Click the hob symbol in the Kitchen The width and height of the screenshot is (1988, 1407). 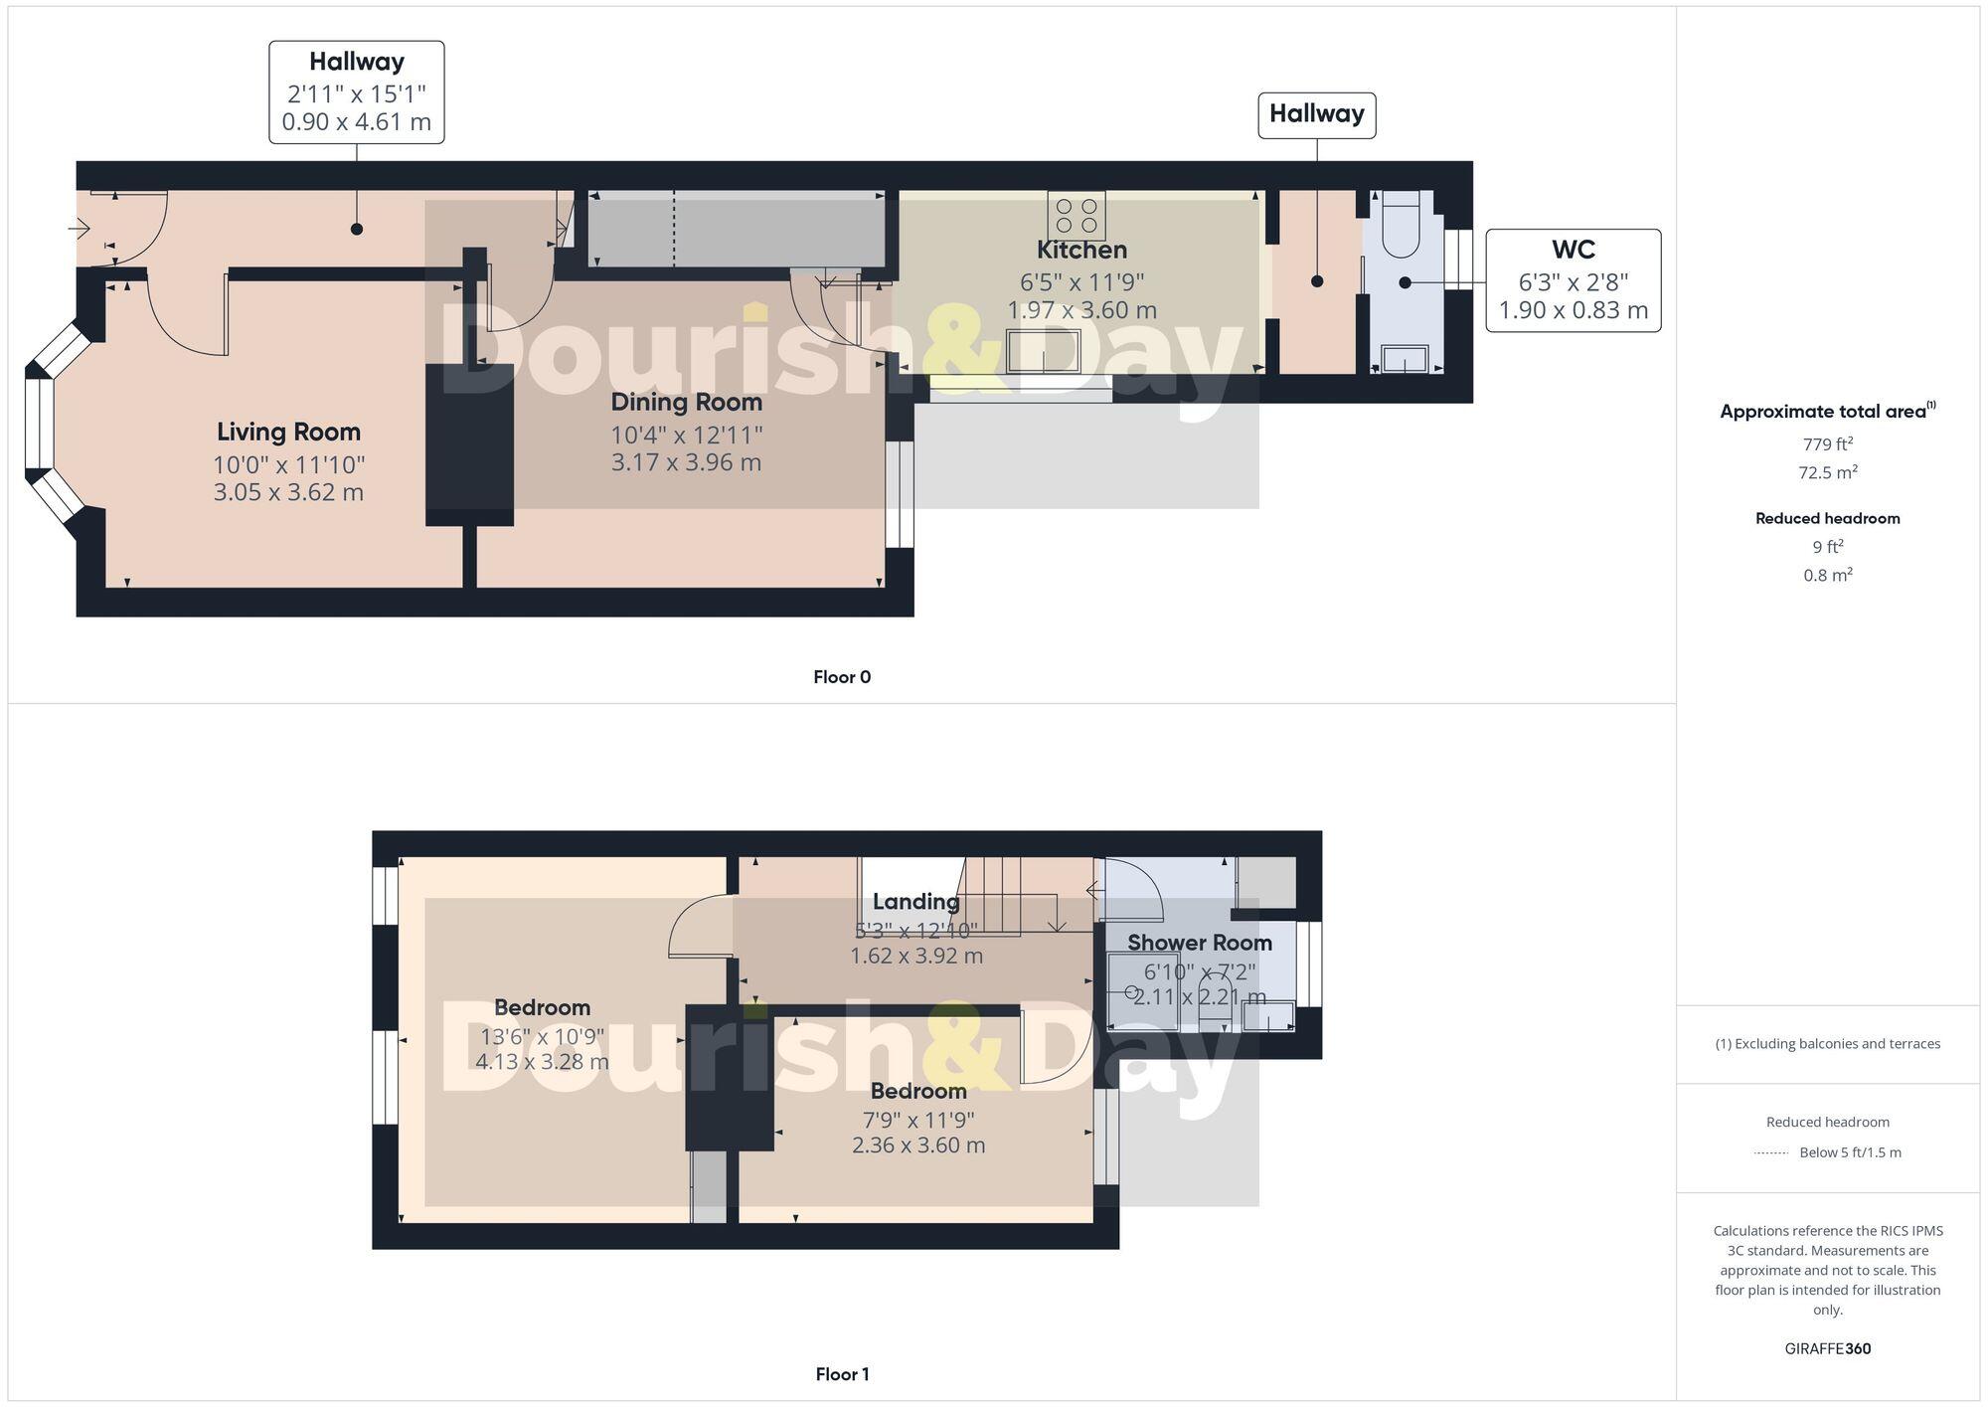click(x=1077, y=216)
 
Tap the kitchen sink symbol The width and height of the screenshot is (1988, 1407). click(x=1043, y=351)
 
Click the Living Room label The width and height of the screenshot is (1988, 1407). click(x=288, y=433)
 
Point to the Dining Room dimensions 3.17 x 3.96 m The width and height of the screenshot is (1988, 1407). click(x=686, y=462)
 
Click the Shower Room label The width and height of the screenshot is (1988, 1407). click(x=1199, y=943)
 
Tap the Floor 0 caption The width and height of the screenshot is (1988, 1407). click(x=842, y=677)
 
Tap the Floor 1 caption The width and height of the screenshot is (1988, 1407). click(x=842, y=1374)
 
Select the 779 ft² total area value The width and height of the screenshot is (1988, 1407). click(x=1827, y=444)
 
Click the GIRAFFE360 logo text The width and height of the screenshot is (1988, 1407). click(x=1827, y=1349)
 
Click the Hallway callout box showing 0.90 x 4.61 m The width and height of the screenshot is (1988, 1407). click(x=356, y=92)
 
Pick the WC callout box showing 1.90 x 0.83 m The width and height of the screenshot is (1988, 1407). click(x=1573, y=280)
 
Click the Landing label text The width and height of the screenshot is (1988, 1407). click(x=915, y=902)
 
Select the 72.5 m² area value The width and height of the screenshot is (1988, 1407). click(x=1827, y=472)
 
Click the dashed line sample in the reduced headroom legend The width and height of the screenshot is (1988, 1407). click(x=1771, y=1153)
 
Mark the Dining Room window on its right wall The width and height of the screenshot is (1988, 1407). click(x=899, y=494)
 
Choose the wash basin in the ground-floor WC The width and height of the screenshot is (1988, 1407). click(x=1405, y=358)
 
